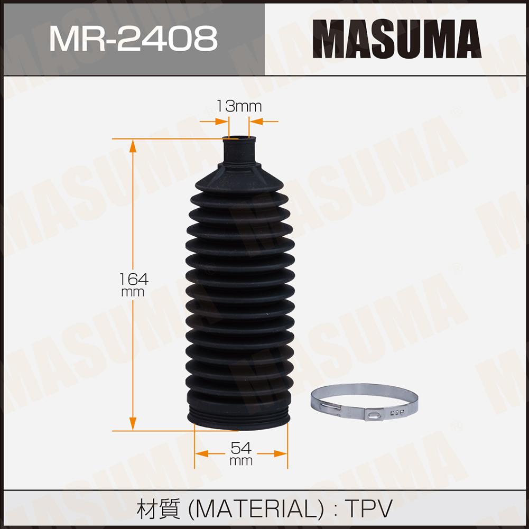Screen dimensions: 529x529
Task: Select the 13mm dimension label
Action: pos(238,106)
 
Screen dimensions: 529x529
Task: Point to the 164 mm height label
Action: pos(134,284)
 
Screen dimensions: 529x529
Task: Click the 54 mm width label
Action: pos(241,453)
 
